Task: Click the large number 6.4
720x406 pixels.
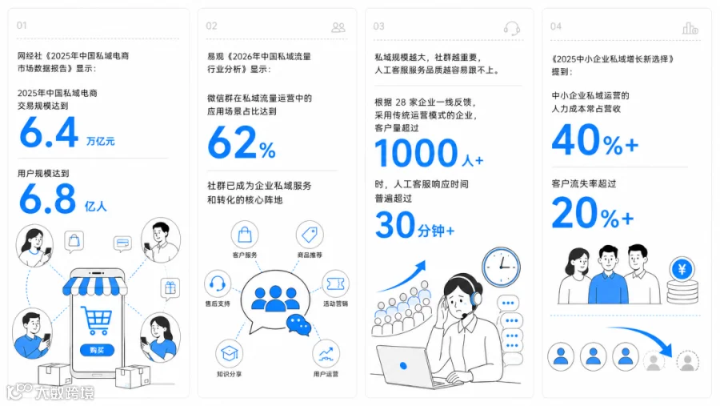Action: [x=49, y=132]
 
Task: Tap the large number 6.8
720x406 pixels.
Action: [x=48, y=199]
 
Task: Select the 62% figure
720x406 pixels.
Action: [x=242, y=143]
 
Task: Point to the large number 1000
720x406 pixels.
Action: [x=417, y=153]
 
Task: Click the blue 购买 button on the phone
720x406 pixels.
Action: [x=97, y=351]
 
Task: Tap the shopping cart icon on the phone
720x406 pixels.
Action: [x=97, y=320]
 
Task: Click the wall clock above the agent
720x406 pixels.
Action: [x=501, y=267]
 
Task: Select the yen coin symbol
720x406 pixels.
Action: [x=682, y=269]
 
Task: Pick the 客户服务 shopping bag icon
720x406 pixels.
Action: [x=245, y=235]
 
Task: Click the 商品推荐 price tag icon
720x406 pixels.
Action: [x=310, y=235]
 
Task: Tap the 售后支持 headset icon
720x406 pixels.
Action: [x=217, y=283]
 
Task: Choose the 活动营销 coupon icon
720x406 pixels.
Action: [x=335, y=283]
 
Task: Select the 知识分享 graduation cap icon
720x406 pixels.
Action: [x=229, y=353]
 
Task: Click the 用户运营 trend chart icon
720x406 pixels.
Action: [x=326, y=353]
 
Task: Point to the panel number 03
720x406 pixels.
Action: [x=379, y=26]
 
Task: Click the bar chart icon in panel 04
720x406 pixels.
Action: [x=690, y=29]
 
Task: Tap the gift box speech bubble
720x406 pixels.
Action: [x=170, y=288]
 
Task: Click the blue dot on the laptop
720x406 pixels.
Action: [x=403, y=366]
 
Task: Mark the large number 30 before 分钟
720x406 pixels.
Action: [x=395, y=225]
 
